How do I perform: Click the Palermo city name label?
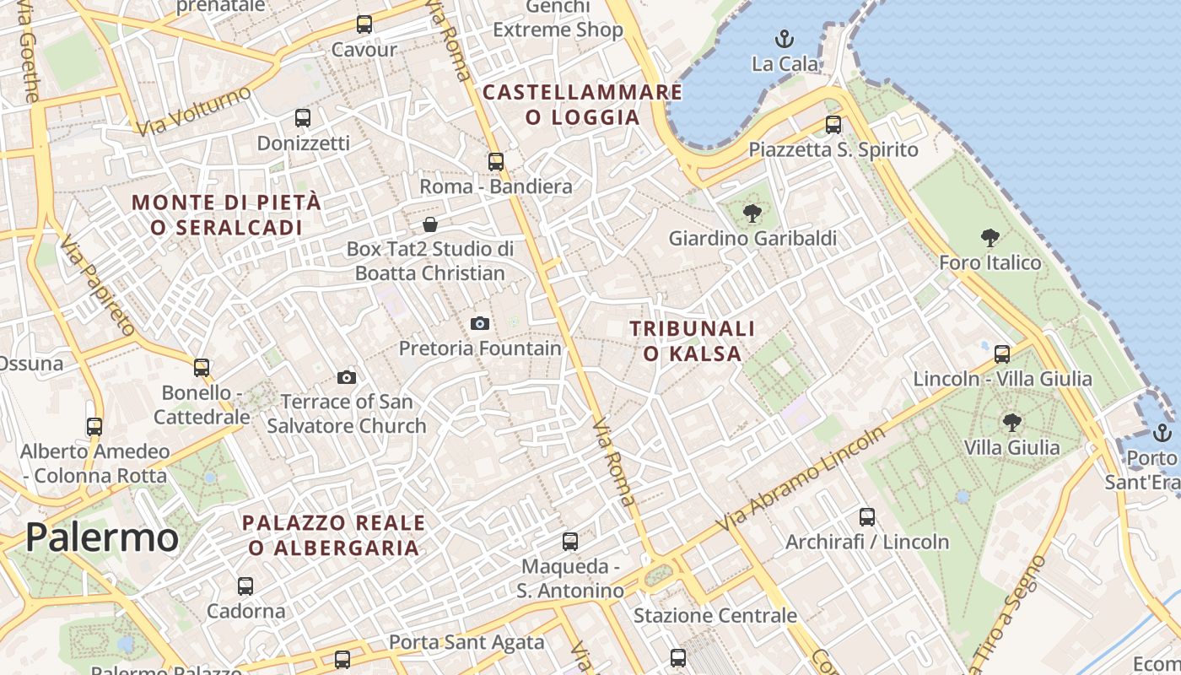pyautogui.click(x=102, y=537)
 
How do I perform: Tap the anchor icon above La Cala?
pyautogui.click(x=785, y=39)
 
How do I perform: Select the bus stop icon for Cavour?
pyautogui.click(x=364, y=24)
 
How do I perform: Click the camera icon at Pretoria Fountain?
pyautogui.click(x=480, y=323)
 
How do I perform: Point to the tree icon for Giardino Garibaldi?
pyautogui.click(x=752, y=213)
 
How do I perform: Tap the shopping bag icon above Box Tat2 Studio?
pyautogui.click(x=430, y=224)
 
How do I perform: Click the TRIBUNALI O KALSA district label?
pyautogui.click(x=692, y=341)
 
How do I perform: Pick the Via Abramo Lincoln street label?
pyautogui.click(x=801, y=478)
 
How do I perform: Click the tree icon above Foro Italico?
pyautogui.click(x=990, y=238)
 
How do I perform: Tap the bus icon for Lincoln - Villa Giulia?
pyautogui.click(x=1002, y=354)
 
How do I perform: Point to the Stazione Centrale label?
pyautogui.click(x=715, y=616)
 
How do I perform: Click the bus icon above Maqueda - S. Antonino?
pyautogui.click(x=570, y=541)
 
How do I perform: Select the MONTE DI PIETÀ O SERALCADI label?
pyautogui.click(x=227, y=215)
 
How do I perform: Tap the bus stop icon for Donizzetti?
pyautogui.click(x=303, y=118)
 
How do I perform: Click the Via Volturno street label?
pyautogui.click(x=193, y=111)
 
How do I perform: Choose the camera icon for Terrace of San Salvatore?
pyautogui.click(x=346, y=377)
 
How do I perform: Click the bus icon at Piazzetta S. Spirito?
pyautogui.click(x=833, y=125)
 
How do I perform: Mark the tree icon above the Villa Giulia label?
pyautogui.click(x=1011, y=422)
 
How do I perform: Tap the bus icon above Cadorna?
pyautogui.click(x=245, y=586)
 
